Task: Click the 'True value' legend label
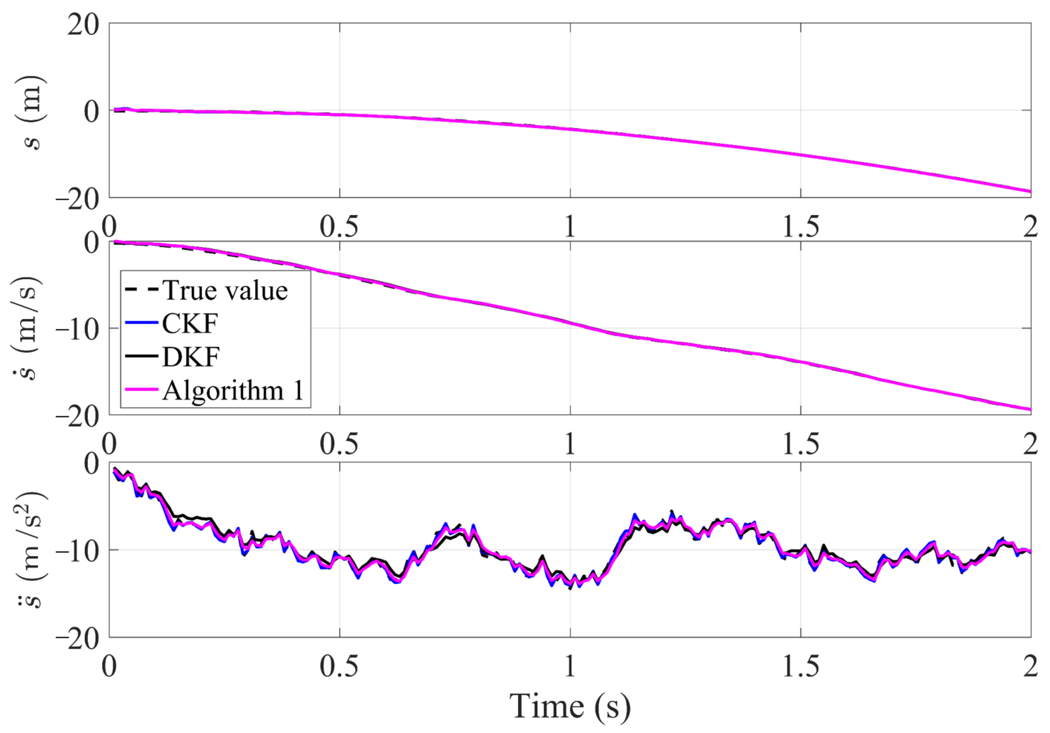(x=226, y=291)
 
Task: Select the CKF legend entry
(x=190, y=324)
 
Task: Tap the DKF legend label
(x=191, y=357)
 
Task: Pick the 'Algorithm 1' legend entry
(x=233, y=391)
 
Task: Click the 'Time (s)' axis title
(x=570, y=706)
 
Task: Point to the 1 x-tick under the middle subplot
(x=570, y=443)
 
